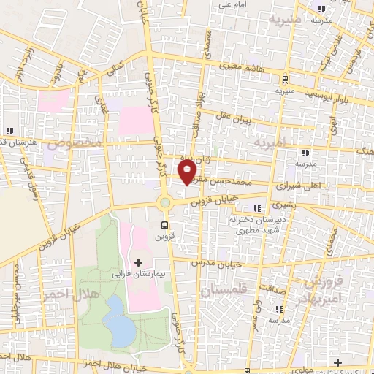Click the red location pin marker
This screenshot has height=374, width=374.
tap(188, 171)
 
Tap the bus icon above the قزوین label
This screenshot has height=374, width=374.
tap(165, 225)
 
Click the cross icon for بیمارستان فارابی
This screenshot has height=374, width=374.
tap(138, 261)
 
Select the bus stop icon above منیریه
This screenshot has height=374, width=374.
tap(284, 80)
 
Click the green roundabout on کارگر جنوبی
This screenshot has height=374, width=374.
tap(165, 202)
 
